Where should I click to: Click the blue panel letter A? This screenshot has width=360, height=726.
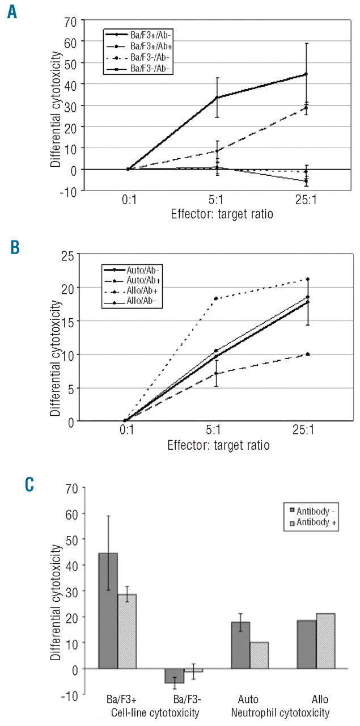(x=12, y=12)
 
